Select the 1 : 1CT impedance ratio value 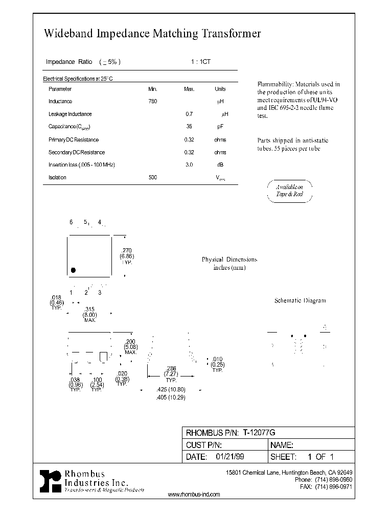(x=200, y=62)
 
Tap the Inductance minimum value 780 (x=152, y=102)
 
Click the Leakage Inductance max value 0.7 (x=189, y=114)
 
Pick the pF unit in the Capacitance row (x=220, y=127)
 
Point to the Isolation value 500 (x=152, y=177)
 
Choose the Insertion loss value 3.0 (x=189, y=165)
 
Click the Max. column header (x=189, y=89)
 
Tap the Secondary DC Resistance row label (x=76, y=152)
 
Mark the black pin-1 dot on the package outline (x=74, y=270)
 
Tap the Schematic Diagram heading (x=300, y=301)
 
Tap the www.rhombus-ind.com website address (x=194, y=495)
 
